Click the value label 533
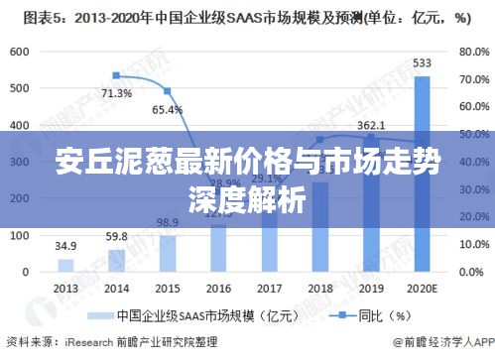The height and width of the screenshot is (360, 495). (422, 63)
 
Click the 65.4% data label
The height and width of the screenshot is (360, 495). (167, 109)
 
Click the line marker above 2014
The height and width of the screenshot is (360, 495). (116, 75)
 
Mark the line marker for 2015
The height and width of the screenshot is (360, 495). (167, 91)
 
